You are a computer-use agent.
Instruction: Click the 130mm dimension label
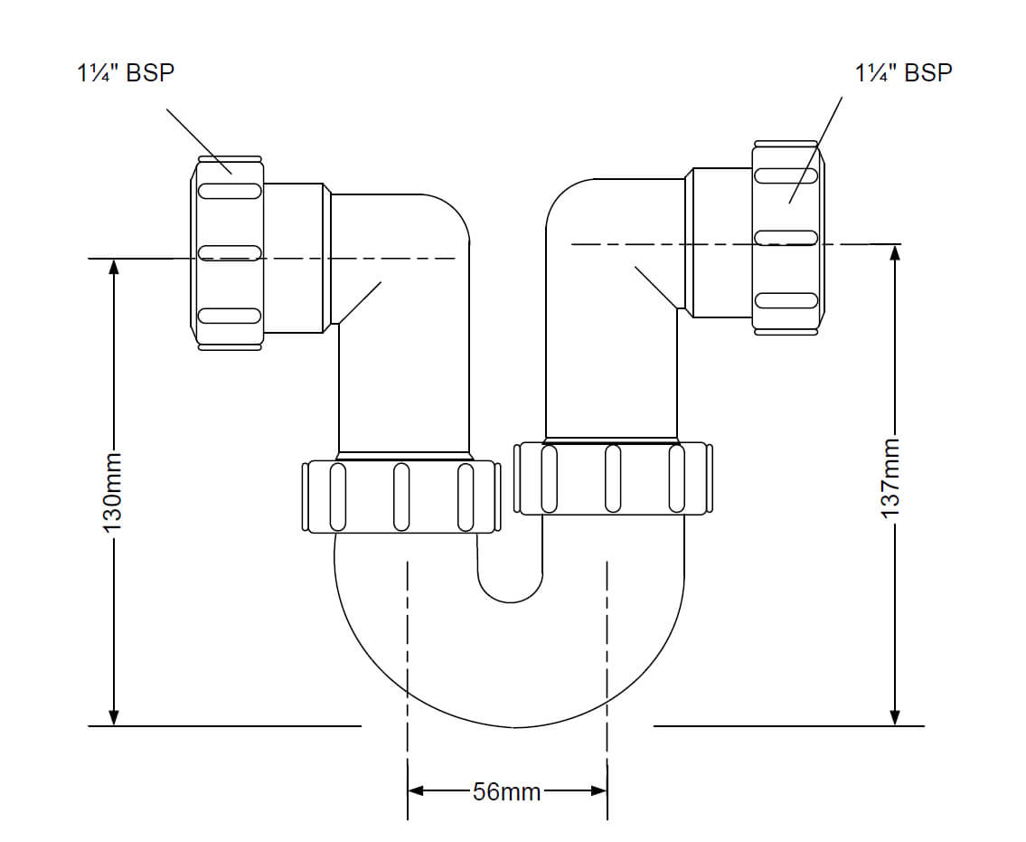point(113,492)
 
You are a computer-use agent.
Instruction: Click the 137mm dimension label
point(893,478)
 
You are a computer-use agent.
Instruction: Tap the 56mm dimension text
point(506,792)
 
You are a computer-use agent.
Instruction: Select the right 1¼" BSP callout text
point(903,72)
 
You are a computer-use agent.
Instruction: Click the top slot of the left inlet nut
point(229,191)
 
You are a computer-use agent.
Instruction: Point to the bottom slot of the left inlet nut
point(229,316)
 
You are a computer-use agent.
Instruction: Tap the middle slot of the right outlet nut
point(786,237)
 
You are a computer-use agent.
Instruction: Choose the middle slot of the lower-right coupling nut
point(613,478)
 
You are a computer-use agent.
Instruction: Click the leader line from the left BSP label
point(198,138)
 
